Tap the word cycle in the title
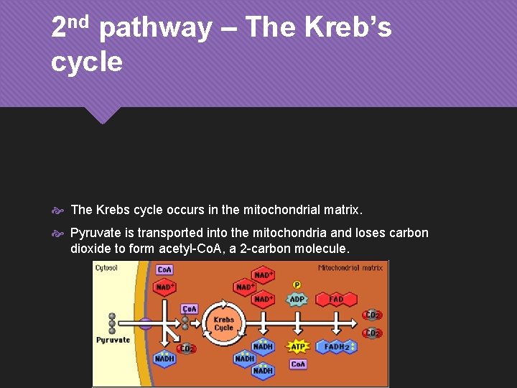[87, 62]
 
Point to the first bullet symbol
[60, 211]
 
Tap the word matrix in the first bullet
[342, 211]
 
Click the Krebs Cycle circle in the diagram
[224, 323]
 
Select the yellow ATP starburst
[298, 346]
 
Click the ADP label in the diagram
[297, 299]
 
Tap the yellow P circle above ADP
[297, 285]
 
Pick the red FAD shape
[336, 299]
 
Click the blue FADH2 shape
[338, 346]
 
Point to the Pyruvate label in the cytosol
[113, 340]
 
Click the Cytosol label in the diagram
[107, 268]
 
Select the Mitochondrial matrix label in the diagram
[350, 268]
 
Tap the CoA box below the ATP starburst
[298, 364]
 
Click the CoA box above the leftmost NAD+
[164, 270]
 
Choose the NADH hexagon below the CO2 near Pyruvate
[164, 359]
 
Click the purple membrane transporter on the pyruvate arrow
[145, 324]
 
